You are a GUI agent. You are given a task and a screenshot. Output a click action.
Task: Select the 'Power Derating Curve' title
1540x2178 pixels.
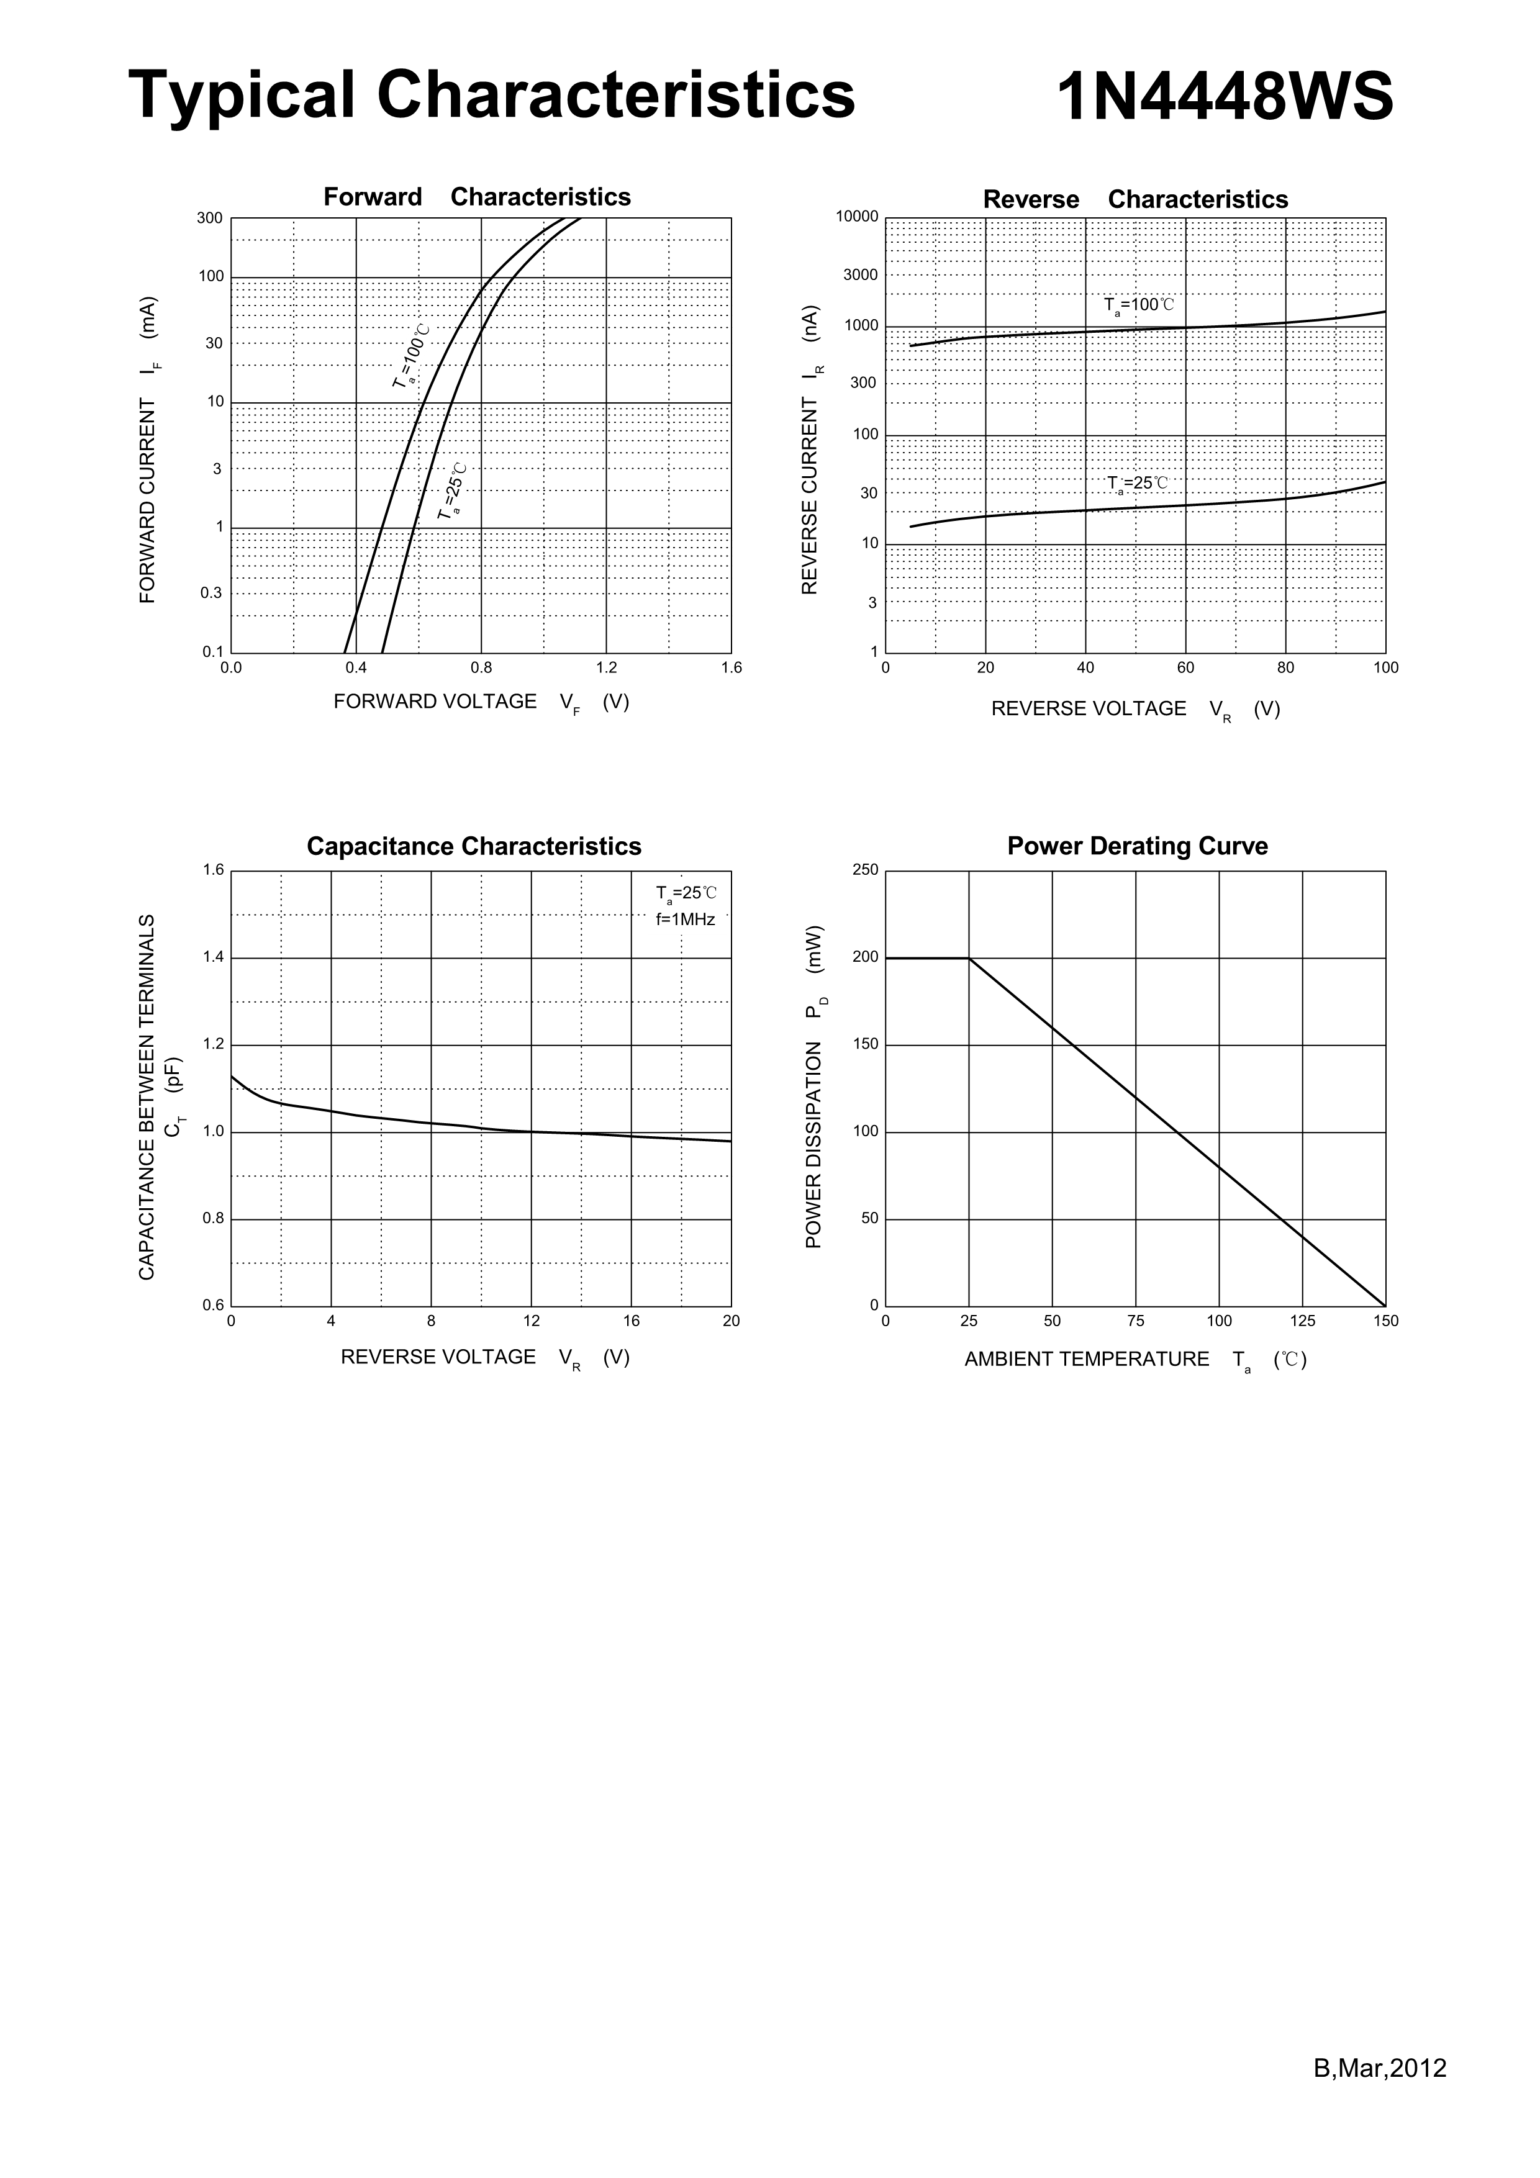1137,846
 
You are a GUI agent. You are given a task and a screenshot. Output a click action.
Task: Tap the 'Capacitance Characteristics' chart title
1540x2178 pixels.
473,846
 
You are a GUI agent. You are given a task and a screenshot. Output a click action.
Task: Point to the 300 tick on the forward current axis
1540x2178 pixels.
210,218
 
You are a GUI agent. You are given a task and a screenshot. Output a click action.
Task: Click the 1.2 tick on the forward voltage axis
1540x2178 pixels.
606,668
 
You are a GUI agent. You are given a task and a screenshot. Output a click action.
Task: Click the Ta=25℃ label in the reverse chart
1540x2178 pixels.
1137,484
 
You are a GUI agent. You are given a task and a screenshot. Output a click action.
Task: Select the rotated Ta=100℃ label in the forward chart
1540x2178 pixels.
411,356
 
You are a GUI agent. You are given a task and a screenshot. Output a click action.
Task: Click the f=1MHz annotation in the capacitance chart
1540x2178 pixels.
685,920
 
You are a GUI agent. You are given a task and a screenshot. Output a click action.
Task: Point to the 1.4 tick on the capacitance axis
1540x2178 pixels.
212,957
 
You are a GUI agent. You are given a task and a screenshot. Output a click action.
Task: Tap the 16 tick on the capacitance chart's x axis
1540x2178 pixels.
631,1321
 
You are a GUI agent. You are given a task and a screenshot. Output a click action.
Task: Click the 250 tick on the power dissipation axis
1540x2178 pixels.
864,870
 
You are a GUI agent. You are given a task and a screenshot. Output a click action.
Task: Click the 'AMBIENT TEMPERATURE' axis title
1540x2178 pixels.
1087,1359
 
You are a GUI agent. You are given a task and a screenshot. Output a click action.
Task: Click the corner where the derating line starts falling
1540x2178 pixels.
969,958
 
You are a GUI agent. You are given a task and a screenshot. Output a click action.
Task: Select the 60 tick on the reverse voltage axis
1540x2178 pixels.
1185,668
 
